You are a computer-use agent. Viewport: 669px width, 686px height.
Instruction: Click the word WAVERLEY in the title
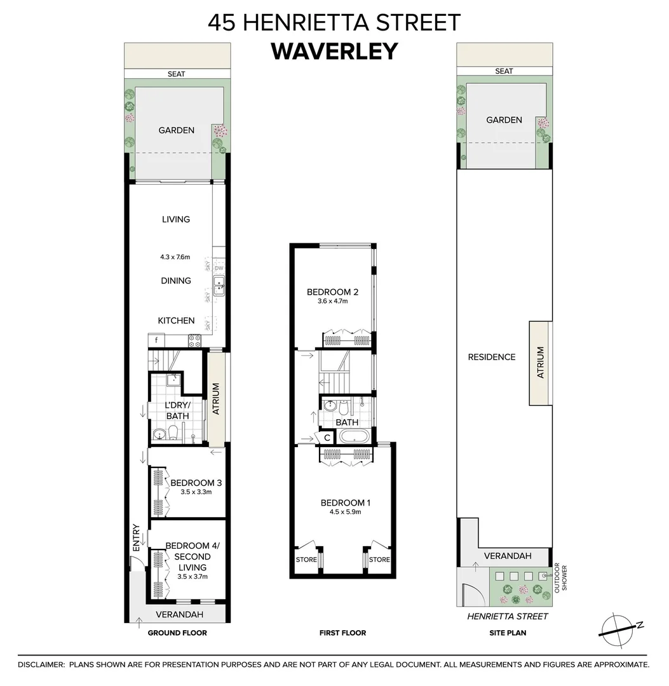coord(334,51)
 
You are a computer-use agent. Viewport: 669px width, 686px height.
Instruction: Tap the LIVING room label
coord(176,220)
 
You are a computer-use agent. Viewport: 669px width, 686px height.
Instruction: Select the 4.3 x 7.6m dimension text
coord(175,257)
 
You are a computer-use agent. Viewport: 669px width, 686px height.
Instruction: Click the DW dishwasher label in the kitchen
coord(219,269)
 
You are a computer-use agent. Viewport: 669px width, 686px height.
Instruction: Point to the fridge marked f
coord(156,341)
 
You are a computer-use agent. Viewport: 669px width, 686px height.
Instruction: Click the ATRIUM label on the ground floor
coord(215,398)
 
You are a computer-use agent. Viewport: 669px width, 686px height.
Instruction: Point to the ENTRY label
coord(135,537)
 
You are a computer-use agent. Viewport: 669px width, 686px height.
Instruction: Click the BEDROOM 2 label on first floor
coord(332,292)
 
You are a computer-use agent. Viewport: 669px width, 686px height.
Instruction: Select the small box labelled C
coord(327,438)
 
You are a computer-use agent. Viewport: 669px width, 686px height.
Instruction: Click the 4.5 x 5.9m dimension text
coord(345,512)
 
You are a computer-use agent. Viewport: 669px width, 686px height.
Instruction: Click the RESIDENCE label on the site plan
coord(491,357)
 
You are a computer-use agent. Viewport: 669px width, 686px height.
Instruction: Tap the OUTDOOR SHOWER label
coord(561,579)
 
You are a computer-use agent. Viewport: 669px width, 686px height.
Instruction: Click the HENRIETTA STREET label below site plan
coord(507,616)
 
